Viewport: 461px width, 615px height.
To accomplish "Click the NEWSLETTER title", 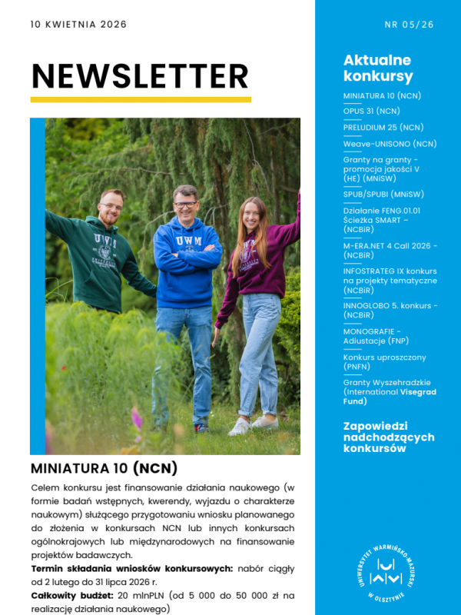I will click(x=140, y=76).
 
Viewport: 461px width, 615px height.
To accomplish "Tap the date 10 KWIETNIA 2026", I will click(x=78, y=25).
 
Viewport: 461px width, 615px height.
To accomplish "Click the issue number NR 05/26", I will click(x=409, y=25).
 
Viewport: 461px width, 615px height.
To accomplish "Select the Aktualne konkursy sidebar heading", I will click(x=377, y=68).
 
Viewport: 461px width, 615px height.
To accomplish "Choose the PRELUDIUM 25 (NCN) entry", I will click(x=383, y=127).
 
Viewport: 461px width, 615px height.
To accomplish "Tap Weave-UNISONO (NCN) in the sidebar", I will click(x=390, y=143).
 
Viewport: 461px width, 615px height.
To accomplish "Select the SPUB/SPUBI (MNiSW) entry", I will click(x=383, y=194).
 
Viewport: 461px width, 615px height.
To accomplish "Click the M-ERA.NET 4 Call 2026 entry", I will click(x=390, y=250).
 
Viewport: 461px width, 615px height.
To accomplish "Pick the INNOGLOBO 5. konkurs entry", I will click(x=390, y=310).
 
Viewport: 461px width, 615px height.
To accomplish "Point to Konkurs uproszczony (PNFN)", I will click(x=384, y=361).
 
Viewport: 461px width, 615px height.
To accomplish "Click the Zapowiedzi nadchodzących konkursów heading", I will click(x=389, y=437).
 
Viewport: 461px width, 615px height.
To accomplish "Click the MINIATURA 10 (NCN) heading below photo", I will click(x=104, y=467).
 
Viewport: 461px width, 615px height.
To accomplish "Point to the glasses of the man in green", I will click(x=112, y=207).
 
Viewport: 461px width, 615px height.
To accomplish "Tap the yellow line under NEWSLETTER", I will click(x=141, y=99).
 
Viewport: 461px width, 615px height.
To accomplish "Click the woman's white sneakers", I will click(x=253, y=424).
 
